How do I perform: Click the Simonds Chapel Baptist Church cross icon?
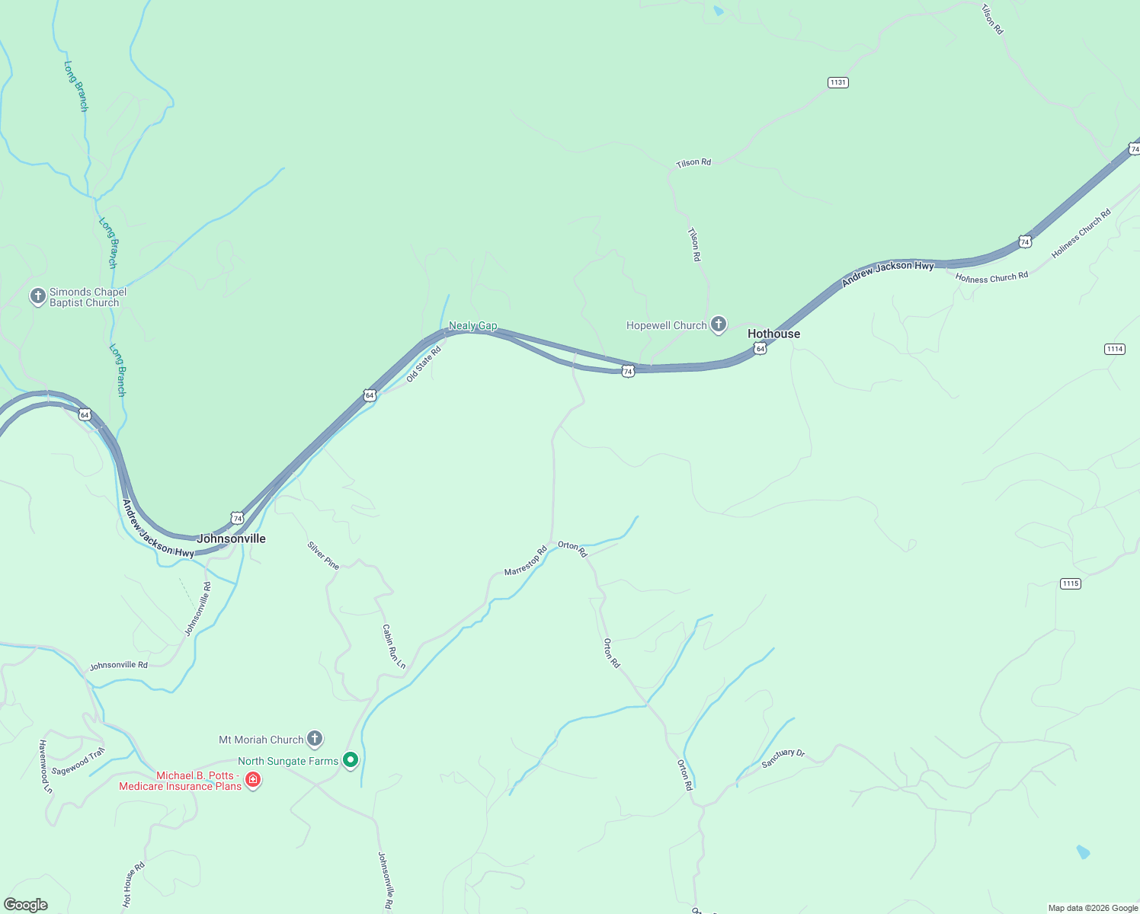(38, 296)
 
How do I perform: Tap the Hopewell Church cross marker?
(718, 324)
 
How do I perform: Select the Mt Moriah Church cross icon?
(314, 738)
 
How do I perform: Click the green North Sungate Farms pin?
(351, 759)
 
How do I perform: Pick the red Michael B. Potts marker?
(253, 780)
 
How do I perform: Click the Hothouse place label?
(773, 334)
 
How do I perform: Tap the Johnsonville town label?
(232, 538)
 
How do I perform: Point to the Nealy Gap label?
(472, 325)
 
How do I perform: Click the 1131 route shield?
(837, 82)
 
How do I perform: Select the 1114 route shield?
(1114, 349)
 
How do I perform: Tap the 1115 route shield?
(1070, 583)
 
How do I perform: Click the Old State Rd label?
(424, 364)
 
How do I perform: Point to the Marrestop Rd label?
(526, 561)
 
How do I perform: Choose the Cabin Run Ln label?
(394, 647)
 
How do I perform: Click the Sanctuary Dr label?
(783, 759)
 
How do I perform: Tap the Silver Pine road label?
(323, 555)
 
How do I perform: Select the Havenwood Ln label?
(46, 766)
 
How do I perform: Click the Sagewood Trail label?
(78, 762)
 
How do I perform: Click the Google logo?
(26, 905)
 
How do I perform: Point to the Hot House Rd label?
(134, 884)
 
